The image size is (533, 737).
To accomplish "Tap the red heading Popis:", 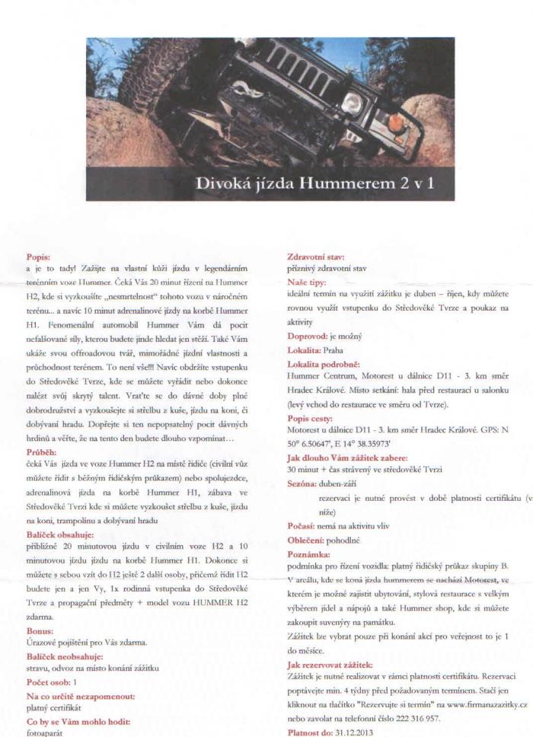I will click(38, 258).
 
